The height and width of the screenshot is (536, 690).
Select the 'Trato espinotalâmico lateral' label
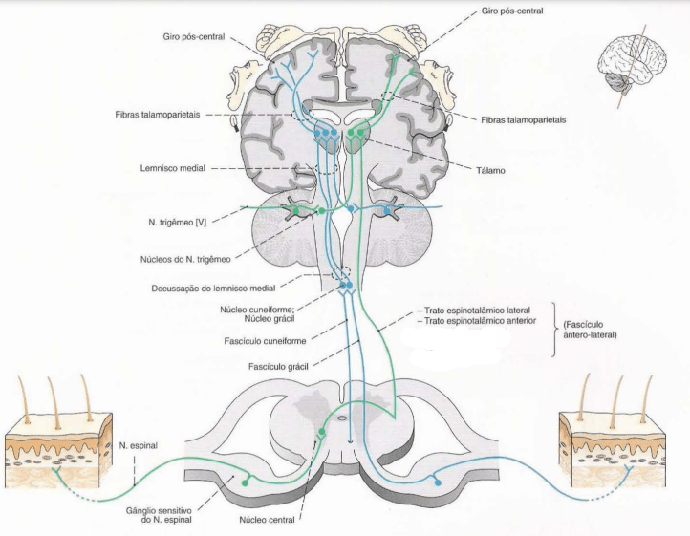coord(478,311)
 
